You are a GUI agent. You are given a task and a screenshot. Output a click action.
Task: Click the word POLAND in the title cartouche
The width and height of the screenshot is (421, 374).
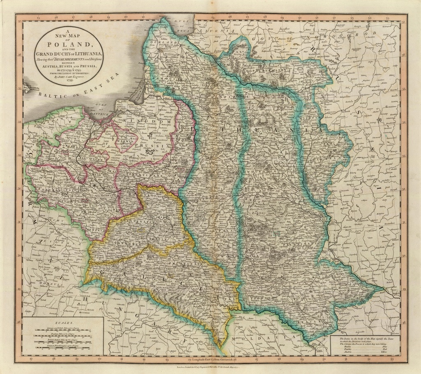tap(69, 44)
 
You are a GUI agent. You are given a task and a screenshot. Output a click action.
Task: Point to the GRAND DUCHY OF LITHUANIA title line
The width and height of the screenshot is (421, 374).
tap(69, 54)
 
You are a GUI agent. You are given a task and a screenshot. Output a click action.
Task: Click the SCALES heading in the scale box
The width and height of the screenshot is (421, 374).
tap(63, 323)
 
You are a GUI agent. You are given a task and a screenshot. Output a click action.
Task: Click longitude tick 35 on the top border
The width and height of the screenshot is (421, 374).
tap(352, 18)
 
